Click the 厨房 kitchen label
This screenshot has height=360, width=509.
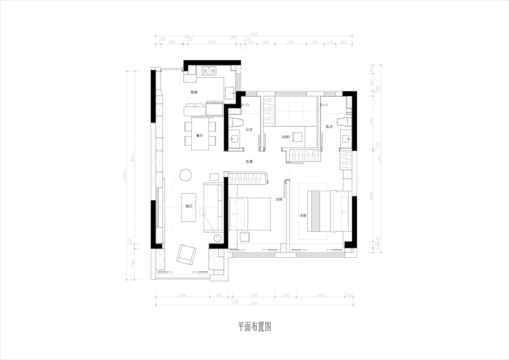pos(194,92)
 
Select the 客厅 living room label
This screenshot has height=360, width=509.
pos(189,206)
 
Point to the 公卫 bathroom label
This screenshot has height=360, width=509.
pos(249,129)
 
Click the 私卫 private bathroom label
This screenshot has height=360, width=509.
pos(329,127)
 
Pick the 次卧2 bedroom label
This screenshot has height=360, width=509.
pos(286,137)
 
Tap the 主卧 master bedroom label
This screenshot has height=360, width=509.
pos(303,215)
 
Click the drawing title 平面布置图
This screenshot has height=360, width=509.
pos(254,327)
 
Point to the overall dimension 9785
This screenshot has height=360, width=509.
pos(254,303)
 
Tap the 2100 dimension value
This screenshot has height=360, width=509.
pos(254,295)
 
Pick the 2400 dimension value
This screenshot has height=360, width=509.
pos(320,295)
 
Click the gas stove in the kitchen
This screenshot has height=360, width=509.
pos(208,71)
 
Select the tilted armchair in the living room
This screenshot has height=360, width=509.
pos(186,254)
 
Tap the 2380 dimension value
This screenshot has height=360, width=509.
pos(212,42)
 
